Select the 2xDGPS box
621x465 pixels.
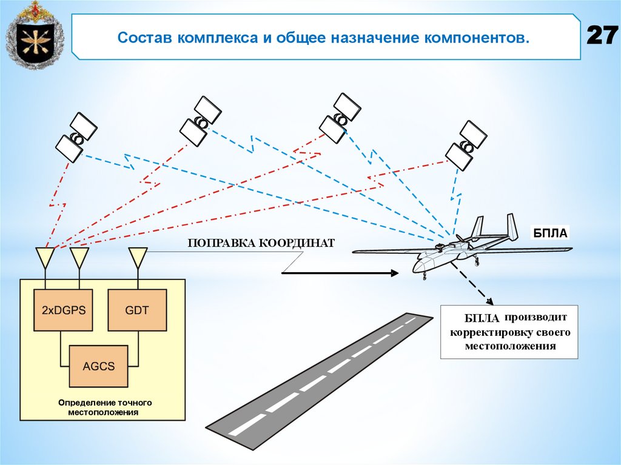pos(64,310)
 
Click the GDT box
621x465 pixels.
pos(136,310)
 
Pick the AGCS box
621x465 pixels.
pos(98,366)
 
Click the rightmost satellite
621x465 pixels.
pos(466,146)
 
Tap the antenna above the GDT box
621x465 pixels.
pos(138,258)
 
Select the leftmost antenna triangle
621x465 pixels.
pos(45,258)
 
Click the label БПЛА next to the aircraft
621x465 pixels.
pos(551,232)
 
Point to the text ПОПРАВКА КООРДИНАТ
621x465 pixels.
pos(261,244)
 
